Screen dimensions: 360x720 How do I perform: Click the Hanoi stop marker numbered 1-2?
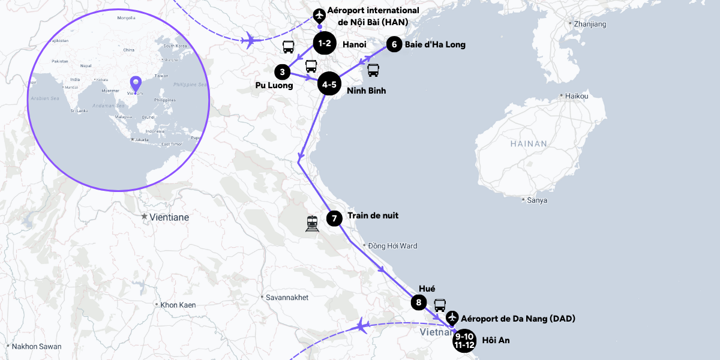pos(325,44)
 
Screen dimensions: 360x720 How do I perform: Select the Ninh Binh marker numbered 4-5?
pos(329,85)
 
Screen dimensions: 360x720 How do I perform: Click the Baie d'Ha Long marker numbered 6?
pos(394,44)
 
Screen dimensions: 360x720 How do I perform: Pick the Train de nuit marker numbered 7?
pos(334,218)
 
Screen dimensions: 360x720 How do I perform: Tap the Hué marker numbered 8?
pos(419,302)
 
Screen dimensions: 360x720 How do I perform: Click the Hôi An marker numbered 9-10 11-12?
pos(464,340)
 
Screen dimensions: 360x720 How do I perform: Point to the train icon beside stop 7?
pos(312,224)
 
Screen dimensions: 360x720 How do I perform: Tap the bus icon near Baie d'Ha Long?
pos(373,70)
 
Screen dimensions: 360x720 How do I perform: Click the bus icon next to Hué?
pos(440,305)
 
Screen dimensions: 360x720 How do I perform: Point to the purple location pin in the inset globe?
pos(136,84)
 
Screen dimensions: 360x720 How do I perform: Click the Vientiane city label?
pos(169,217)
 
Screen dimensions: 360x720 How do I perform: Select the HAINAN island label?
pos(529,144)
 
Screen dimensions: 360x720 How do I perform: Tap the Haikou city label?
pos(576,96)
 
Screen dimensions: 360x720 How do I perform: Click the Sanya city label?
pos(536,200)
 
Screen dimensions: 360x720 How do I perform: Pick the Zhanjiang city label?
pos(590,25)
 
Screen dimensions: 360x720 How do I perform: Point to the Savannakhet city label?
pos(287,297)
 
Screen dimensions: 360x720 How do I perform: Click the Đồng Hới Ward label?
pos(392,246)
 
